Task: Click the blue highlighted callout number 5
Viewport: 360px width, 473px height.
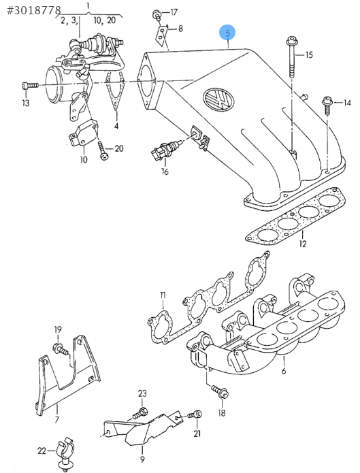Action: tap(227, 33)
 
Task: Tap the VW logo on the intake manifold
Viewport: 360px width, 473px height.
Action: tap(218, 99)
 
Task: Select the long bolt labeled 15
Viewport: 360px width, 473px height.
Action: tap(291, 56)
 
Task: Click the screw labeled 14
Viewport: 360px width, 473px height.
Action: tap(327, 105)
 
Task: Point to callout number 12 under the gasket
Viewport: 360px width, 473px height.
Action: tap(303, 244)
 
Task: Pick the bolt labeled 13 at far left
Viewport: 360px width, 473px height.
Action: tap(30, 85)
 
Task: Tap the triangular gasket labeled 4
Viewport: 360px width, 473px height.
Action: tap(116, 91)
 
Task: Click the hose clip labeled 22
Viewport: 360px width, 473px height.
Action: tap(64, 453)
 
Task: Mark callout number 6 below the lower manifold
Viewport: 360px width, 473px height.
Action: tap(284, 370)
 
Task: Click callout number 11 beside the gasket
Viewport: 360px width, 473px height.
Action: tap(163, 295)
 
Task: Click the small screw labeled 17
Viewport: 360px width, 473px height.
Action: tap(157, 14)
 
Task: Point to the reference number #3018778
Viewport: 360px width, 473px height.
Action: tap(33, 11)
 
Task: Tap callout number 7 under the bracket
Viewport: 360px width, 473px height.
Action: tap(57, 419)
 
